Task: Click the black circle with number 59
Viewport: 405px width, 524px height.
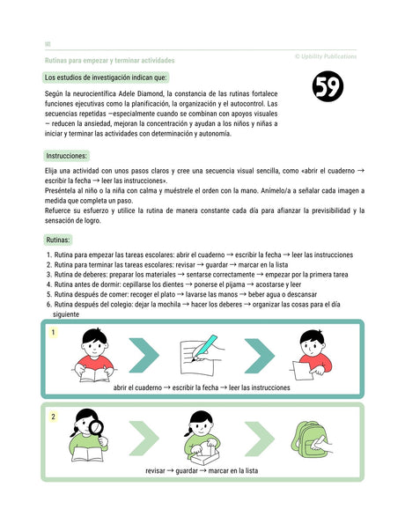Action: point(328,85)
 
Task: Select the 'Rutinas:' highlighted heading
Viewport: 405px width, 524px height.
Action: point(58,240)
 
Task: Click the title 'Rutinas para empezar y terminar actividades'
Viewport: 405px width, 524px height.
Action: point(109,60)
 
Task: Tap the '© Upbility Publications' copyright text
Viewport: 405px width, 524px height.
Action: point(326,55)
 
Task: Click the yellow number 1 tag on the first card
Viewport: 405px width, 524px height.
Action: point(55,333)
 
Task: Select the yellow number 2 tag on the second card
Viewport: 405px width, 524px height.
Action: point(53,417)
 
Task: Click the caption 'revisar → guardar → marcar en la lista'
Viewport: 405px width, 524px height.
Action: point(202,471)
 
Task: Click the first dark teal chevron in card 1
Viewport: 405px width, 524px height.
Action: point(144,356)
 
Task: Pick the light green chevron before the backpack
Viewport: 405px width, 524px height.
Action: point(257,439)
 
